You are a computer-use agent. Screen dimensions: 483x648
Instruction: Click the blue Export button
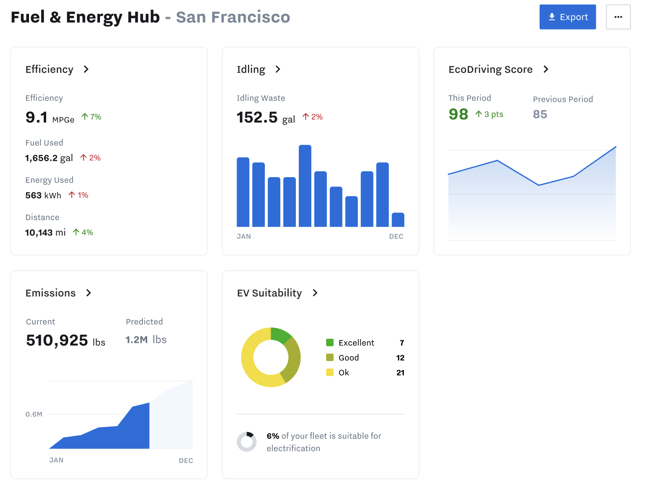click(x=567, y=17)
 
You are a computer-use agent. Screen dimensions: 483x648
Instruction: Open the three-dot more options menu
click(x=618, y=17)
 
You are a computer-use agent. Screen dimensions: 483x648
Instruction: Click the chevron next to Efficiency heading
click(x=86, y=69)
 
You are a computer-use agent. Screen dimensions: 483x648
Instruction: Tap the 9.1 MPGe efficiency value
click(x=37, y=117)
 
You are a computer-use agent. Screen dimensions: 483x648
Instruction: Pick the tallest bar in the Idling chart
click(x=305, y=186)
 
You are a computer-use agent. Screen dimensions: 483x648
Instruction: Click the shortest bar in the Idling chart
click(x=398, y=220)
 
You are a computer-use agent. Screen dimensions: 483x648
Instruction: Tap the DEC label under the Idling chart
click(x=396, y=236)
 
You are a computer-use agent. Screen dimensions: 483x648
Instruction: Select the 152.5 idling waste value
click(x=257, y=117)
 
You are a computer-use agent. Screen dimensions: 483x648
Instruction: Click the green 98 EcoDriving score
click(x=458, y=114)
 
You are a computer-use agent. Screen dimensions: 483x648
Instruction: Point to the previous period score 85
click(x=540, y=114)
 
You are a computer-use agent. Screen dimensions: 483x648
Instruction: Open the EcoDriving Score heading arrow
click(x=546, y=69)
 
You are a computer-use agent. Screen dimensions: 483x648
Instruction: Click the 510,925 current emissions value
click(x=57, y=340)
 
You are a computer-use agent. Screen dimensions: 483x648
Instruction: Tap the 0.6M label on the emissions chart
click(x=34, y=414)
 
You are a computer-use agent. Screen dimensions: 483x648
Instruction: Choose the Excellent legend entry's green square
click(x=330, y=342)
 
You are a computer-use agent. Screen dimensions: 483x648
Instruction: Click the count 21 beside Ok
click(x=400, y=373)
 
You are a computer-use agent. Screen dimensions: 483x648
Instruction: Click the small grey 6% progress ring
click(x=247, y=442)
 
